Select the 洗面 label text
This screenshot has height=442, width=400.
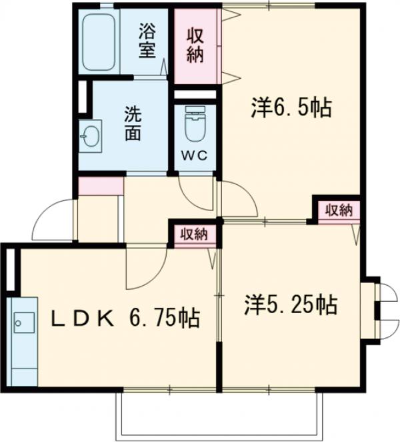pyautogui.click(x=132, y=123)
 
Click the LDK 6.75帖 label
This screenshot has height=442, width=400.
pyautogui.click(x=127, y=318)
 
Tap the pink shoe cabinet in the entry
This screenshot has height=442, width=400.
pyautogui.click(x=101, y=186)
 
